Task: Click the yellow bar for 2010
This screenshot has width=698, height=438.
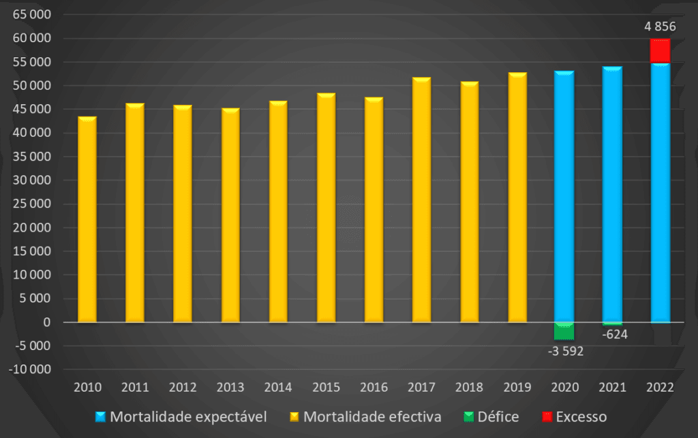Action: point(87,219)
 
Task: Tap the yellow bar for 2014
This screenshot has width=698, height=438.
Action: point(278,211)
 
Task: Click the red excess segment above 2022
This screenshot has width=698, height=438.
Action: point(660,51)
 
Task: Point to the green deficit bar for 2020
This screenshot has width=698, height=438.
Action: point(564,330)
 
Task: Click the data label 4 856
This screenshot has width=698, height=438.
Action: point(660,27)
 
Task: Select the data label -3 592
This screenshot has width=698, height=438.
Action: point(566,351)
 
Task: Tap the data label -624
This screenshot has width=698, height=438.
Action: point(614,334)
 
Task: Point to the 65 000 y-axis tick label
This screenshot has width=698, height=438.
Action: point(31,14)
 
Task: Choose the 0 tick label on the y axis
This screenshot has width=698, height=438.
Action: point(47,322)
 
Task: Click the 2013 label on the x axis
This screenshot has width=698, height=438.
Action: point(230,388)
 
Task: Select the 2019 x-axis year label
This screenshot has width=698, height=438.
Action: point(517,388)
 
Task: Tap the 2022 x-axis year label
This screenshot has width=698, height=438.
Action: point(661,388)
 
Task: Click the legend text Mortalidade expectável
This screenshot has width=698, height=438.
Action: point(188,416)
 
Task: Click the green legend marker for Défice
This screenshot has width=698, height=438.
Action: point(468,416)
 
